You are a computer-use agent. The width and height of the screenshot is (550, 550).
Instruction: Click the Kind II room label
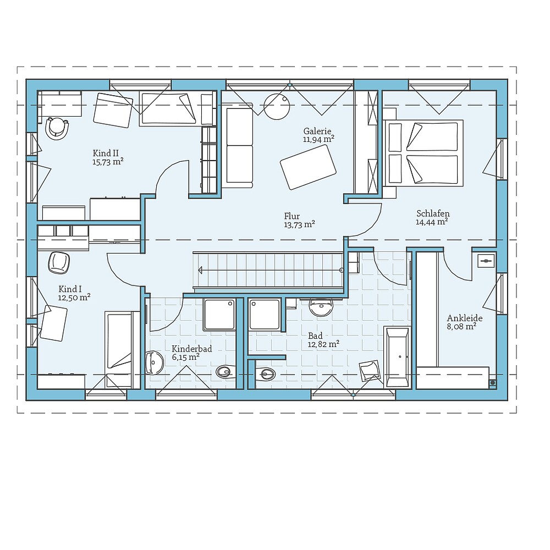coord(106,152)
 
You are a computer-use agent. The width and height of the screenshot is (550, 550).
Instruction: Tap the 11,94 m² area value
coord(318,140)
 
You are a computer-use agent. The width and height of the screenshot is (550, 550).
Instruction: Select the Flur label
coord(292,216)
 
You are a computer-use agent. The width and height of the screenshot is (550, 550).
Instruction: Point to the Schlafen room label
coord(433,213)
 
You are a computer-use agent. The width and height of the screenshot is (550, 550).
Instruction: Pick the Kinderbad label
coord(191,349)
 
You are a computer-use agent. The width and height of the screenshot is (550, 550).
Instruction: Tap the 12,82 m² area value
coord(323,344)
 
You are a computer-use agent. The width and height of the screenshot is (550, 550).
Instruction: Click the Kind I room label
coord(70,288)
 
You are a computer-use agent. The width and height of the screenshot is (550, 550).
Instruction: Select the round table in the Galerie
coord(276,106)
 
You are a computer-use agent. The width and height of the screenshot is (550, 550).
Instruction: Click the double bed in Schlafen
coord(422,153)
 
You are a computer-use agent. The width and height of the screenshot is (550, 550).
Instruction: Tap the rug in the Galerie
coord(308,167)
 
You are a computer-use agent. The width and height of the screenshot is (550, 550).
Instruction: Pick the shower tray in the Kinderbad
coord(219,315)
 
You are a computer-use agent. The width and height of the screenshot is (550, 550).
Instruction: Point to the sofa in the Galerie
coord(238,146)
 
